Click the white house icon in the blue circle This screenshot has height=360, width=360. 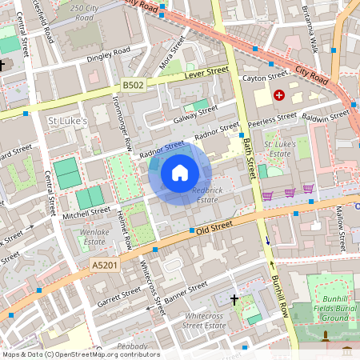[180, 174]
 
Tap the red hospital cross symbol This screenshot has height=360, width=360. [278, 95]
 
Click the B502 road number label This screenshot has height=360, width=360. [134, 85]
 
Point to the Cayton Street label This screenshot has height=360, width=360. [265, 78]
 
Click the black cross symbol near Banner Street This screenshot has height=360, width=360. [234, 300]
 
